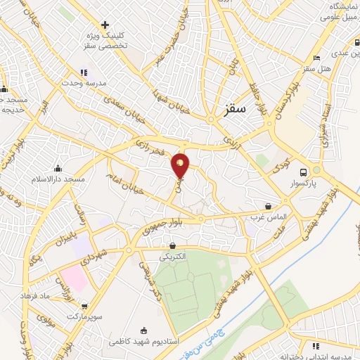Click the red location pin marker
pyautogui.click(x=181, y=165)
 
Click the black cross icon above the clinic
pyautogui.click(x=105, y=25)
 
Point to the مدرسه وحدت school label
pyautogui.click(x=86, y=82)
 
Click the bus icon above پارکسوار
pyautogui.click(x=303, y=172)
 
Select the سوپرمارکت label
pyautogui.click(x=86, y=317)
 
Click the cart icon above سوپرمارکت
pyautogui.click(x=85, y=307)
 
